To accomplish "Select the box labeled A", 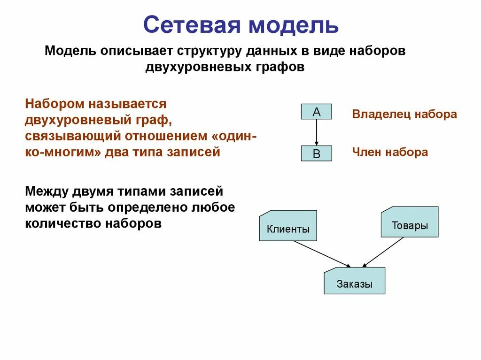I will tap(316, 112).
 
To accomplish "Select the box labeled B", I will tap(316, 153).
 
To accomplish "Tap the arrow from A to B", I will tap(317, 132).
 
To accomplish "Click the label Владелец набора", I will tap(404, 114).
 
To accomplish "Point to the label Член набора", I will tap(390, 152).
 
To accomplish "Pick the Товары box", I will tap(410, 222).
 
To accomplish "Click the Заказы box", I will tap(354, 281).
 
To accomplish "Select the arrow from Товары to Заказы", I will tap(383, 252).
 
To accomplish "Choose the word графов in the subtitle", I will tap(283, 67).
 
